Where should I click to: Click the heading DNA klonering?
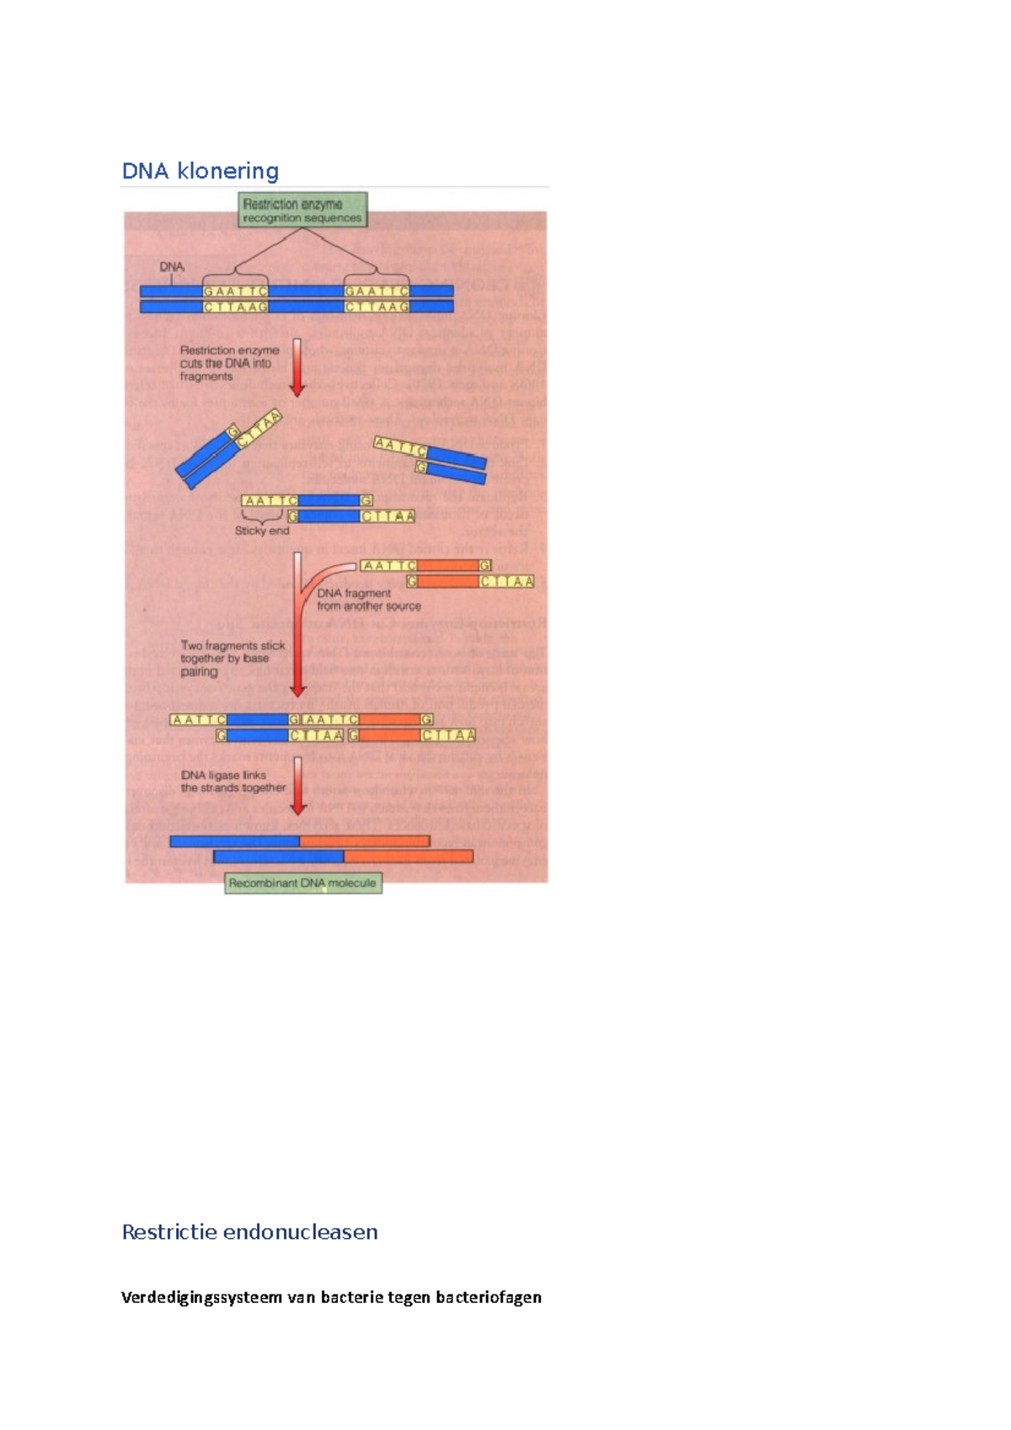click(201, 171)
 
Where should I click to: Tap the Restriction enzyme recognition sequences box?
click(302, 211)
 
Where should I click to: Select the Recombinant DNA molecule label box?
click(302, 883)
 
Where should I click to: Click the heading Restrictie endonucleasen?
click(249, 1232)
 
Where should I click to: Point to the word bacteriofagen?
click(489, 1297)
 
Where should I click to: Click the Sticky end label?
click(262, 531)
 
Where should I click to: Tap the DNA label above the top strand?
click(172, 267)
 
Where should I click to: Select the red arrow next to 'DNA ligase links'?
click(297, 785)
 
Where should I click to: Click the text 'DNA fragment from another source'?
click(368, 600)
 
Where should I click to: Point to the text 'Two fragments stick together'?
click(233, 659)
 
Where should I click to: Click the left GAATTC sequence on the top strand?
click(235, 291)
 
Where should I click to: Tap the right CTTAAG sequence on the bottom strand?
click(377, 307)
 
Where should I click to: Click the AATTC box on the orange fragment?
click(388, 566)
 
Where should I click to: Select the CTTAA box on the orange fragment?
click(506, 581)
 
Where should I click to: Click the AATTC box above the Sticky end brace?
click(270, 501)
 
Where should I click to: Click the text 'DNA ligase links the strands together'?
click(233, 782)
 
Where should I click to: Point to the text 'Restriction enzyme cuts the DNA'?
click(228, 363)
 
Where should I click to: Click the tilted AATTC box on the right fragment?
click(400, 447)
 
